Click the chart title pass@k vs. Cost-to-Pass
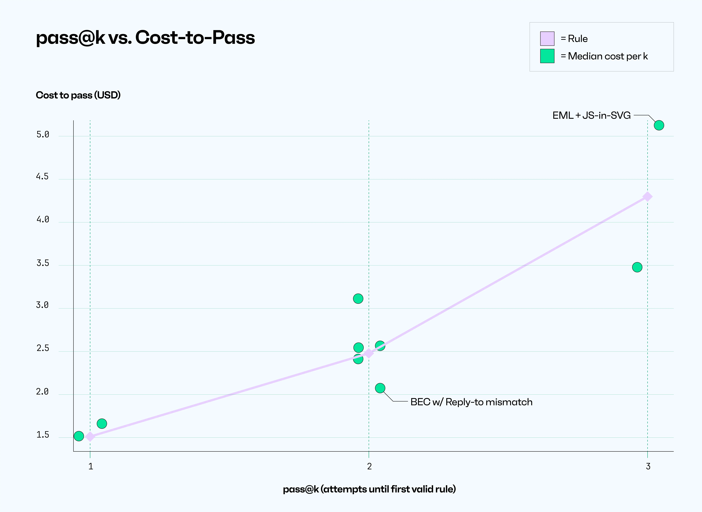[145, 38]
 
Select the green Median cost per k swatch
[547, 56]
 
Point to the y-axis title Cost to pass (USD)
[78, 95]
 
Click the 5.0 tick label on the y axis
[43, 135]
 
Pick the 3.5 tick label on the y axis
[43, 263]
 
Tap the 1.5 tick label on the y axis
[43, 435]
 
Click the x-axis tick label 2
[369, 466]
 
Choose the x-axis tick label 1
[90, 466]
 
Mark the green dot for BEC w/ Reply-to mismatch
[380, 388]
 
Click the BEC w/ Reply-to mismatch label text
[471, 402]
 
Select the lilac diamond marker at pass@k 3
[648, 196]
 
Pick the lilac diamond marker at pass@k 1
[90, 437]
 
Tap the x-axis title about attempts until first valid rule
[369, 489]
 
